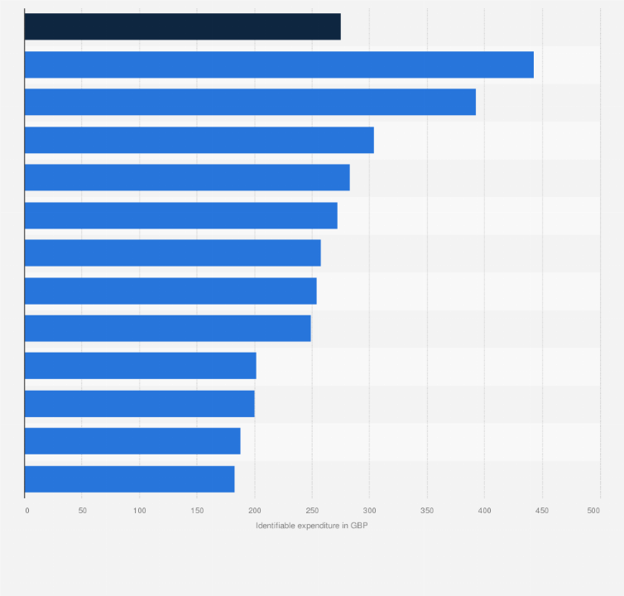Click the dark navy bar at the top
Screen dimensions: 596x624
[182, 26]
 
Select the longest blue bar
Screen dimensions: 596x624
[279, 65]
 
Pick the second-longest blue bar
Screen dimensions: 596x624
[250, 102]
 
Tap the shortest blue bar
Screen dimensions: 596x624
[129, 479]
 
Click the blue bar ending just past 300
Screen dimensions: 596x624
[199, 140]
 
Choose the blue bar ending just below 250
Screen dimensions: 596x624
[167, 329]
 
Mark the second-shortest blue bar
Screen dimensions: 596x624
[132, 441]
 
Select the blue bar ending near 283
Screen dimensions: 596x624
[187, 177]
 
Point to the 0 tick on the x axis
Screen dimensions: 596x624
[26, 511]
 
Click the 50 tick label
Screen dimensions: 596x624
[82, 511]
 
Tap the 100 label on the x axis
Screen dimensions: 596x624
[139, 511]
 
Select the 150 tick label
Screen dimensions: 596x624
[197, 511]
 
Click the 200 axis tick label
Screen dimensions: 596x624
[254, 511]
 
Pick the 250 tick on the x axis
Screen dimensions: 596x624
[312, 511]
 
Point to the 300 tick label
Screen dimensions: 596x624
[369, 511]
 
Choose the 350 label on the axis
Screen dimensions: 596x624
[427, 511]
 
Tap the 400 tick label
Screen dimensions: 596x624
[484, 511]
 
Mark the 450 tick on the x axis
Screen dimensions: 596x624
[542, 511]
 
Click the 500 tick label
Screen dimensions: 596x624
[593, 511]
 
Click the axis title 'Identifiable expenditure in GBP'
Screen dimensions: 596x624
[311, 526]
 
